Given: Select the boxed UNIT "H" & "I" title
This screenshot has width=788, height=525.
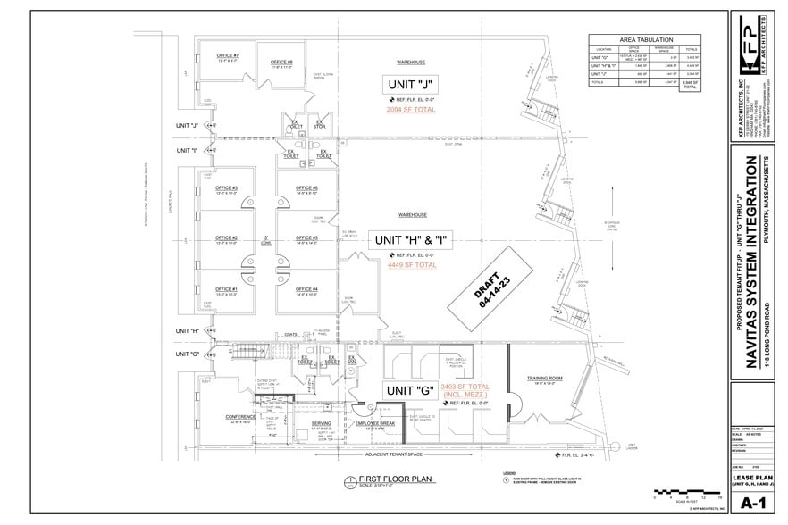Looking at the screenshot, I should coord(411,240).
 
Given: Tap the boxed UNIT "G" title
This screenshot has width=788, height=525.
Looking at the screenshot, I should coord(410,391).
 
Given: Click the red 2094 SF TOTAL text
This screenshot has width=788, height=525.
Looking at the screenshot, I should coord(411,109).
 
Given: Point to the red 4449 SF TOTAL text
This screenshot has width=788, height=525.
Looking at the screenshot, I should coord(412,265).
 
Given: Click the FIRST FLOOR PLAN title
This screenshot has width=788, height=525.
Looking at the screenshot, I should coord(390,479).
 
